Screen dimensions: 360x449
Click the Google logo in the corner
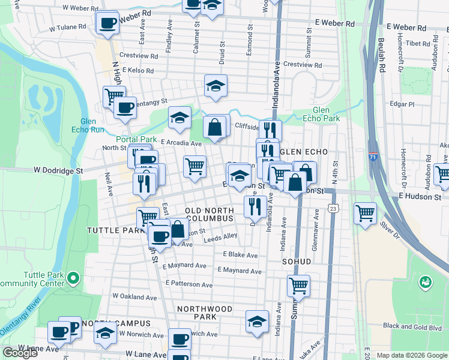point(20,353)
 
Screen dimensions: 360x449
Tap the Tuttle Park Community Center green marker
point(73,278)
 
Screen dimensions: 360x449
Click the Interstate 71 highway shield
point(373,156)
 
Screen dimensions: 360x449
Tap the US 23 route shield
point(333,207)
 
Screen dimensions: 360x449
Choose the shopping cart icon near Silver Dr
point(365,213)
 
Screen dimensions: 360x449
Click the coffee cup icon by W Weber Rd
point(107,23)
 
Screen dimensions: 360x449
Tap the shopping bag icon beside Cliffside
point(214,127)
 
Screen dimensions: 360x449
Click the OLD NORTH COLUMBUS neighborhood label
point(209,215)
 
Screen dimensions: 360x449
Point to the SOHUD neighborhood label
point(297,262)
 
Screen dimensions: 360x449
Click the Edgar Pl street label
point(402,104)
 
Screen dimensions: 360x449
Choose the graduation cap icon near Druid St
point(215,86)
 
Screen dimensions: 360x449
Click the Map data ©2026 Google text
point(411,355)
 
